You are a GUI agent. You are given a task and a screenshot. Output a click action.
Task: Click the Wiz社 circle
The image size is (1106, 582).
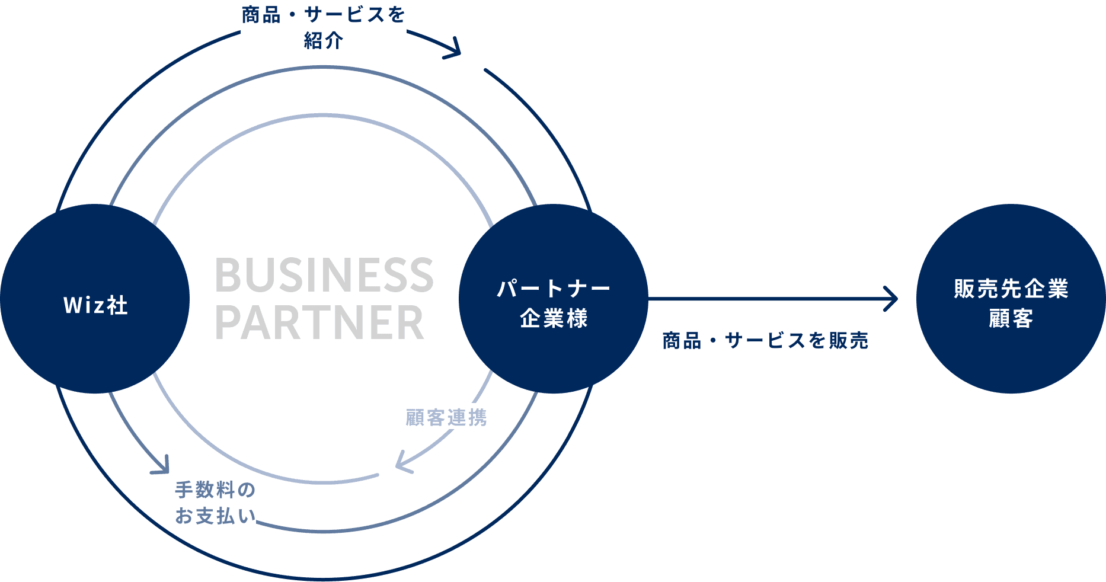coord(95,299)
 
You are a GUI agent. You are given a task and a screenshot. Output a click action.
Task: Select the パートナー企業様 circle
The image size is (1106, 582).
coord(554,299)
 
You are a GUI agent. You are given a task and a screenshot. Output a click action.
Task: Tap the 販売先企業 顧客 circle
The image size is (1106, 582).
coord(1011,299)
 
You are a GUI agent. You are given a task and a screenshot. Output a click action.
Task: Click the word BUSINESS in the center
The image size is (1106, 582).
coord(324,275)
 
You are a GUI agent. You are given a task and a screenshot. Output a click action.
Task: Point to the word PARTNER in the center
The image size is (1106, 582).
coord(319,322)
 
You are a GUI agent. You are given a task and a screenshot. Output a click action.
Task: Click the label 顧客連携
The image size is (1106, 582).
coord(446,418)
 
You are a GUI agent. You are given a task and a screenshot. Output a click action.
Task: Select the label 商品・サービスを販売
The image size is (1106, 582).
coord(765,341)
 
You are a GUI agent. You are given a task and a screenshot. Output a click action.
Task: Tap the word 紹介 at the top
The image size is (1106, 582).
coord(324,41)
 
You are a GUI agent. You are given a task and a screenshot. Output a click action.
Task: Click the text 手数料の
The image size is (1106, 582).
coord(215,490)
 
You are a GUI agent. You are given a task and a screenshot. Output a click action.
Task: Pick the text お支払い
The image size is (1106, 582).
coord(215,516)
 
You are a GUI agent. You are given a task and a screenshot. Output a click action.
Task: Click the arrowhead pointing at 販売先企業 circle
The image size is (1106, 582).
coord(891,299)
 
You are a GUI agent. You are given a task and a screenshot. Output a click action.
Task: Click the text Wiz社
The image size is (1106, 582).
coord(95,305)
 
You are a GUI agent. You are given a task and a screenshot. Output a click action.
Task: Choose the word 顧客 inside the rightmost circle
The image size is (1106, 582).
coord(1011,319)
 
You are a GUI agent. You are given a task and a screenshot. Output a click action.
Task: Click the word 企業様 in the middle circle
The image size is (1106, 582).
coord(554,319)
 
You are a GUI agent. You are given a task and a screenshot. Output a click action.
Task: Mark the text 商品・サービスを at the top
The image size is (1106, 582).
coord(324,15)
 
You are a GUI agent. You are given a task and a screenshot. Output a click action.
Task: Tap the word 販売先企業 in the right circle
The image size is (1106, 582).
coord(1011,289)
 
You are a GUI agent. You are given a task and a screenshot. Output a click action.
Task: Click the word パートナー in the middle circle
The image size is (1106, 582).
coord(554,289)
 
